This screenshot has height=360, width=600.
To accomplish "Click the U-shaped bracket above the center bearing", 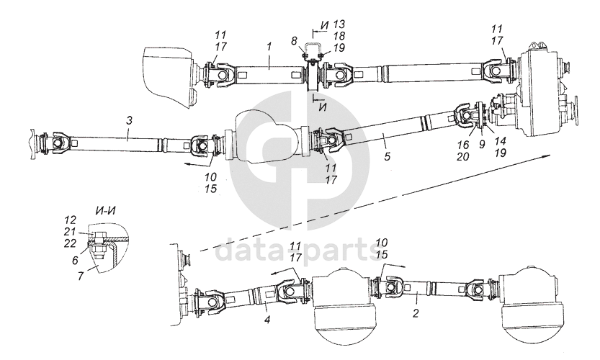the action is [313, 49].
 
